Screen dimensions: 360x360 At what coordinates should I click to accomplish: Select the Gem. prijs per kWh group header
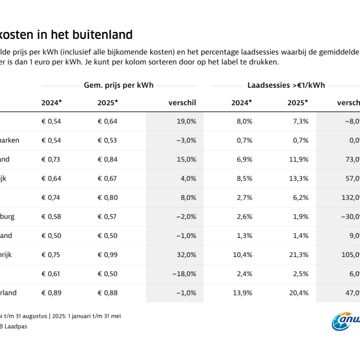click(119, 85)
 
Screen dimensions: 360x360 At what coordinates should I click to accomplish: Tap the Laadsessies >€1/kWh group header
click(286, 85)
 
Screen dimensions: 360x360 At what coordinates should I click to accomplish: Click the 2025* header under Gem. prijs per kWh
click(108, 102)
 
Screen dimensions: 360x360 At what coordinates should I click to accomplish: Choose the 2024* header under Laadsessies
click(241, 102)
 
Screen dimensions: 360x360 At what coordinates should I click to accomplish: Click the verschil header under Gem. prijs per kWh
click(182, 102)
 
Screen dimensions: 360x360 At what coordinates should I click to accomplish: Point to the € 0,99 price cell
click(108, 255)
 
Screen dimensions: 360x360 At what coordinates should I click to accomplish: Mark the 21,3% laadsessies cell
click(298, 255)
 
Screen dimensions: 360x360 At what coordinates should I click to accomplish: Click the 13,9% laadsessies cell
click(242, 293)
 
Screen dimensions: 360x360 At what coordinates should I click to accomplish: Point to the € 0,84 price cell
click(108, 160)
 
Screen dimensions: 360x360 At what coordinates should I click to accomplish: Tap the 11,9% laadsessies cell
click(298, 160)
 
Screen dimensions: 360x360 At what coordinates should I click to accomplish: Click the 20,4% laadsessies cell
click(298, 293)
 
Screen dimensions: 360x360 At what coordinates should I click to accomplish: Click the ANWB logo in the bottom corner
click(345, 322)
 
